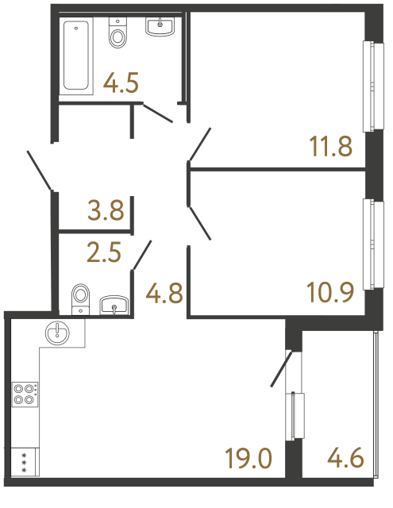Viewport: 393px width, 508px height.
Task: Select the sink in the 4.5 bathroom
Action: [160, 27]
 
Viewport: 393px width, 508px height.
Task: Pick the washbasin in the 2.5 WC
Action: [116, 304]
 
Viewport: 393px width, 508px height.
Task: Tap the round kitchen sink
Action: [59, 333]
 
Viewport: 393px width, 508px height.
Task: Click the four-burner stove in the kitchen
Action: [24, 394]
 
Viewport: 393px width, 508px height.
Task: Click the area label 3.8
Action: [106, 211]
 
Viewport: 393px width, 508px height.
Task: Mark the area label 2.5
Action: [104, 253]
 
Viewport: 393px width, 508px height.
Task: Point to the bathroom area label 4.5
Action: [121, 82]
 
